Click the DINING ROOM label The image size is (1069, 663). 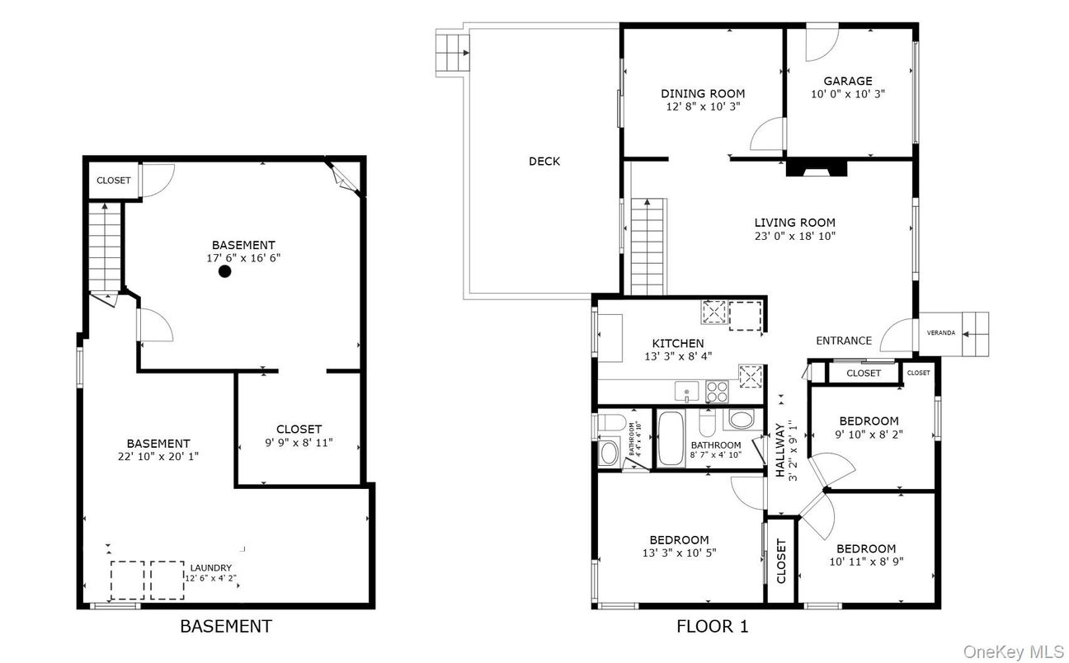pyautogui.click(x=702, y=93)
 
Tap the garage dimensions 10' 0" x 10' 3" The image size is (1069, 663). pyautogui.click(x=847, y=94)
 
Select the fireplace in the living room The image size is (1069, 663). pyautogui.click(x=816, y=168)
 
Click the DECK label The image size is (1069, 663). pyautogui.click(x=544, y=161)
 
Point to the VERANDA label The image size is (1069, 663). pyautogui.click(x=941, y=332)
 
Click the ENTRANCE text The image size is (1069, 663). pyautogui.click(x=843, y=341)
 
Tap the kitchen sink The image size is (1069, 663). pyautogui.click(x=686, y=391)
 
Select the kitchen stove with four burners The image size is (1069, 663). pyautogui.click(x=717, y=391)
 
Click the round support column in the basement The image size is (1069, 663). pyautogui.click(x=224, y=271)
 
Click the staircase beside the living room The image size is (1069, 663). pyautogui.click(x=648, y=246)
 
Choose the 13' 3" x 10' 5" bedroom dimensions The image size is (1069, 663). pyautogui.click(x=679, y=552)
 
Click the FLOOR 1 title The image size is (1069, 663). pyautogui.click(x=712, y=627)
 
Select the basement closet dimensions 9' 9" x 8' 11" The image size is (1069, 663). pyautogui.click(x=299, y=442)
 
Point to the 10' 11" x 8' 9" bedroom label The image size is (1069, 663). pyautogui.click(x=865, y=548)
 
